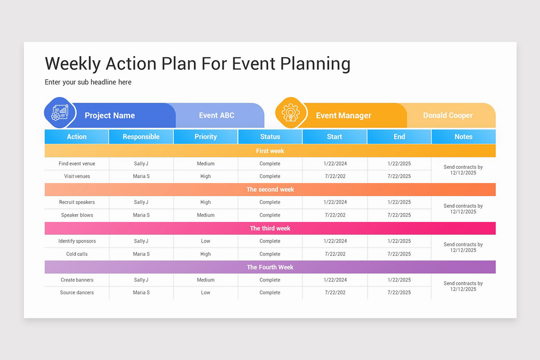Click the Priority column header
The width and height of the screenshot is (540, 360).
pyautogui.click(x=206, y=137)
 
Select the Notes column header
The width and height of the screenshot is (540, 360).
pyautogui.click(x=463, y=137)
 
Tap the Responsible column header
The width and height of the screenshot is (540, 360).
pyautogui.click(x=141, y=137)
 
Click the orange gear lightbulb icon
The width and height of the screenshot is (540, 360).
pyautogui.click(x=291, y=112)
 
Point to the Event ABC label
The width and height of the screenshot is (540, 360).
pyautogui.click(x=216, y=116)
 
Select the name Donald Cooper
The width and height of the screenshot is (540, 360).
pyautogui.click(x=448, y=116)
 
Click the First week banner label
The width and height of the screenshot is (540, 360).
pyautogui.click(x=270, y=151)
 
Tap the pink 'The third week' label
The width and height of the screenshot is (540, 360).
pyautogui.click(x=270, y=229)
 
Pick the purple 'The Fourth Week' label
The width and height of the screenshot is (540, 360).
pyautogui.click(x=270, y=267)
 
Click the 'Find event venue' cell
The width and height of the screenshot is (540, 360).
pyautogui.click(x=77, y=164)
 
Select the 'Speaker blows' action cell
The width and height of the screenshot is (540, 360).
pyautogui.click(x=77, y=215)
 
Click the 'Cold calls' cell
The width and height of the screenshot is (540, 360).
pyautogui.click(x=77, y=254)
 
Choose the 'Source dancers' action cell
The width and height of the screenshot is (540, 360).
pyautogui.click(x=77, y=292)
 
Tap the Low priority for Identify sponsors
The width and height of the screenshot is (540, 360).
pyautogui.click(x=206, y=241)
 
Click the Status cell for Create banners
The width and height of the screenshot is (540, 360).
pyautogui.click(x=270, y=280)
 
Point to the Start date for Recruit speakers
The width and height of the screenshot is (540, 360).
pyautogui.click(x=335, y=202)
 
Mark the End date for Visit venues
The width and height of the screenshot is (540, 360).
pyautogui.click(x=399, y=176)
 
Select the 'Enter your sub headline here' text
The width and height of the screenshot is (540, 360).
pyautogui.click(x=88, y=82)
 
